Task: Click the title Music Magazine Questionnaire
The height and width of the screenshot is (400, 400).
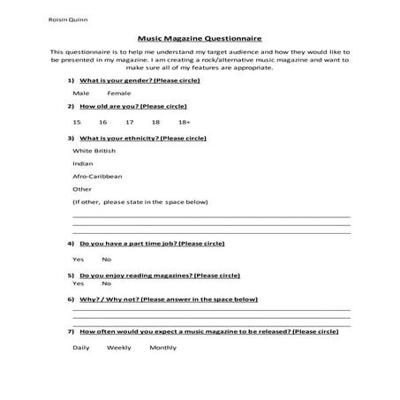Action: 200,39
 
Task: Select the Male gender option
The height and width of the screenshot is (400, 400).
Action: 81,93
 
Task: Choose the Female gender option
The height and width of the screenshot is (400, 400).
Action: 118,93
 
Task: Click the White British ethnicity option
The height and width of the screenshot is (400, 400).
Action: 94,151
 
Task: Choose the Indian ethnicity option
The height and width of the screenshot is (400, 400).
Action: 82,163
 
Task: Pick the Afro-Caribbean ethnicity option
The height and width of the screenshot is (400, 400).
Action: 97,176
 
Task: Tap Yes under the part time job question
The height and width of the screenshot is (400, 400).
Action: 78,259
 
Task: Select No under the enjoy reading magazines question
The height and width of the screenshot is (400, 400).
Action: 106,283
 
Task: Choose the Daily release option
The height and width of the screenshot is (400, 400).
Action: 80,347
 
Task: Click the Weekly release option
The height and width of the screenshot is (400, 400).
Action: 118,347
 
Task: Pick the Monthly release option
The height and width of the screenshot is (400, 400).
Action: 162,347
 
